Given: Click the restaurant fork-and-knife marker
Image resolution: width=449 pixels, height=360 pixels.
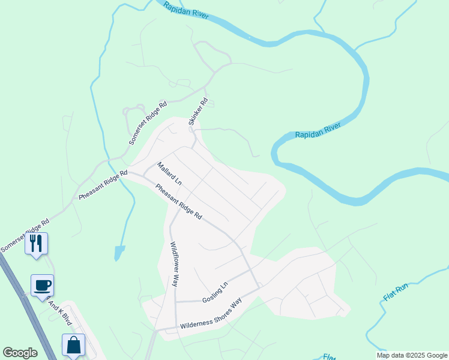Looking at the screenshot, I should tap(37, 243).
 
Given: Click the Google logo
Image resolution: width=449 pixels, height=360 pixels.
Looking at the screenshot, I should tap(20, 353).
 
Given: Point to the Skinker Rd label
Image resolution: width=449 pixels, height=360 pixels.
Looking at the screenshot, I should tap(198, 112).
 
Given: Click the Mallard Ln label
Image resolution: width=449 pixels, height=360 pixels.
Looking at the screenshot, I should tap(169, 173).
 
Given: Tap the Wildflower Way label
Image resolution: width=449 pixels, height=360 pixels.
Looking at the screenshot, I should tap(173, 264).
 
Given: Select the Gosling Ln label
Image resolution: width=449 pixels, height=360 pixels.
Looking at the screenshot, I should tap(215, 292).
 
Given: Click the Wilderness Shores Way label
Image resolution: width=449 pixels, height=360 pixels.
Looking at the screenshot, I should tap(211, 313).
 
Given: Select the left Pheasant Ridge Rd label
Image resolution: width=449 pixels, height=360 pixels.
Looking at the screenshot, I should tap(103, 185).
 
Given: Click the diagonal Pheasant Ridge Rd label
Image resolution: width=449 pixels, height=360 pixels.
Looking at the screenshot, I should tap(179, 202).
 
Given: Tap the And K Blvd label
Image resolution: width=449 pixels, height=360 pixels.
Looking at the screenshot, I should tap(60, 312).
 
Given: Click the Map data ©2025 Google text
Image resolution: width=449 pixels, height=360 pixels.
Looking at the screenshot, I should tap(412, 355).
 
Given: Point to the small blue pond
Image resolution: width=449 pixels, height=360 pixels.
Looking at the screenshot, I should tap(119, 252).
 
